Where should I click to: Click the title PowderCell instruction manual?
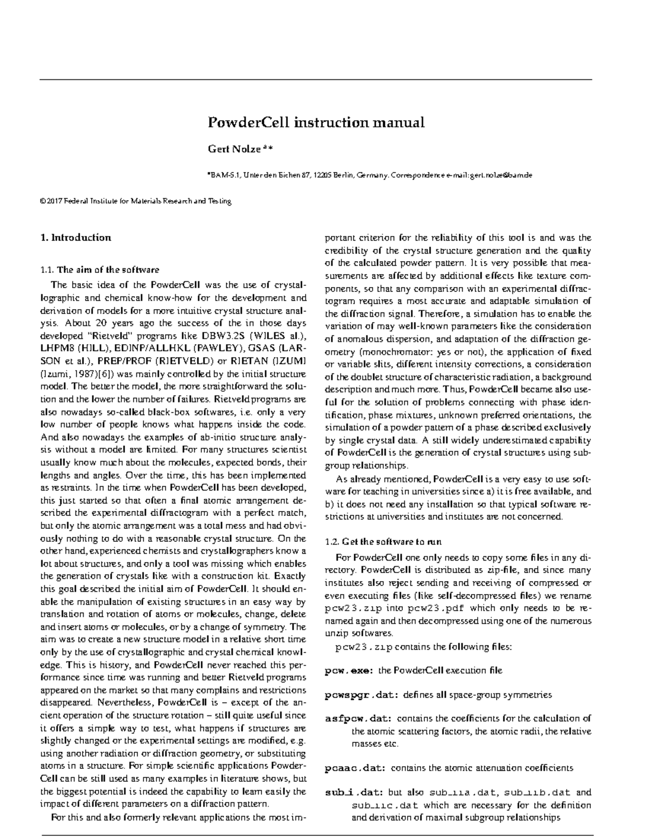[316, 122]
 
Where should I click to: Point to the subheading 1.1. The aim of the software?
[100, 270]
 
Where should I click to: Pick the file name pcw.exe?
[348, 671]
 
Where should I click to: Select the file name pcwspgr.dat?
[361, 695]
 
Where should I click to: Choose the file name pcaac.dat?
[355, 768]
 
